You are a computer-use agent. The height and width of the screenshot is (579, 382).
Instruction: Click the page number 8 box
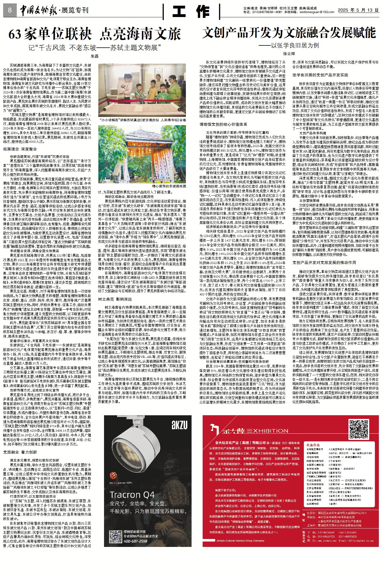pyautogui.click(x=10, y=11)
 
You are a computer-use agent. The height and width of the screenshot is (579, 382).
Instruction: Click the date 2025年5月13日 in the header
pyautogui.click(x=358, y=10)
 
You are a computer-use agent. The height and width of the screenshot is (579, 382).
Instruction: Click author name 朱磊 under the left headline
pyautogui.click(x=94, y=56)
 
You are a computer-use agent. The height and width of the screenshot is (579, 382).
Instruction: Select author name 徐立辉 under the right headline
pyautogui.click(x=289, y=53)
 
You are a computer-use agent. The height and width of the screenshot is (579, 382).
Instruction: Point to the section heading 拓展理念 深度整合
pyautogui.click(x=20, y=149)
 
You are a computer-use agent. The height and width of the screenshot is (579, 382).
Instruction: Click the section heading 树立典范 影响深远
pyautogui.click(x=115, y=299)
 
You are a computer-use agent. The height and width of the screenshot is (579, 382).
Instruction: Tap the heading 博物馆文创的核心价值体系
pyautogui.click(x=223, y=124)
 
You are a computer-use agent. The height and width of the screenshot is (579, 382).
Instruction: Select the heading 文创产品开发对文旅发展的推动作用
pyautogui.click(x=324, y=263)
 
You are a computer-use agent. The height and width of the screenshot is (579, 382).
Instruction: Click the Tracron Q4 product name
pyautogui.click(x=132, y=495)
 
